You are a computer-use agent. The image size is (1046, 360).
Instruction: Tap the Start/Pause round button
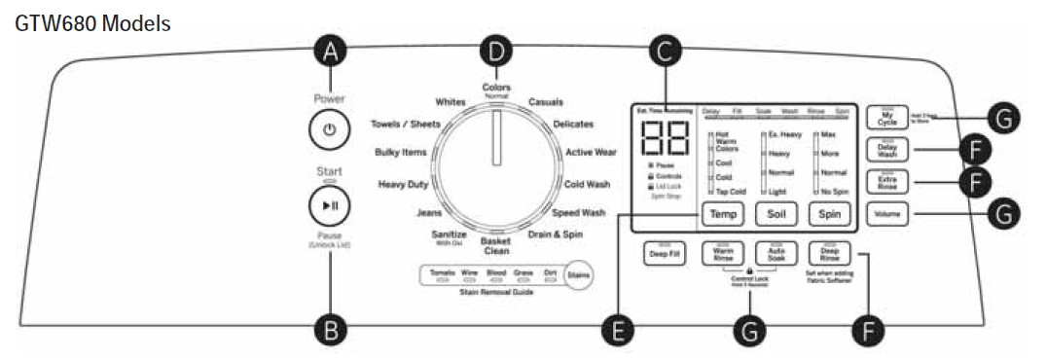click(329, 206)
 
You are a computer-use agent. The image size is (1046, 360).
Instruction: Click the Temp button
click(723, 213)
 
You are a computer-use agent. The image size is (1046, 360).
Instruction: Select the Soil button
click(776, 213)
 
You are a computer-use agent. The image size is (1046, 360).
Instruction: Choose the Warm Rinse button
click(722, 253)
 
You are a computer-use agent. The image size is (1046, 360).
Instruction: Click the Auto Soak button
click(776, 253)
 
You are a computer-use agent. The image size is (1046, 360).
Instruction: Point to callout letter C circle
click(665, 53)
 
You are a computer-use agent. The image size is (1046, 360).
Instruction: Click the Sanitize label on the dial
click(449, 236)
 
